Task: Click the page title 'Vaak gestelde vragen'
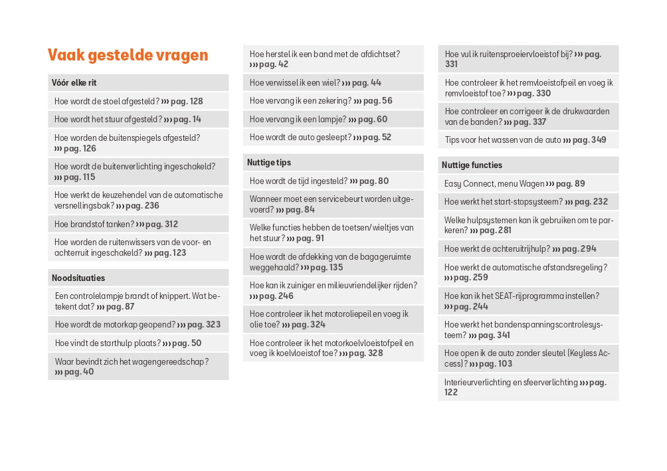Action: (128, 55)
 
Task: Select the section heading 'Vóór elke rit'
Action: (74, 83)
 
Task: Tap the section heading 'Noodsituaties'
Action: (78, 278)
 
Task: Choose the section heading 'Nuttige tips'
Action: (269, 162)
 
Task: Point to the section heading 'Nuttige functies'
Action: (473, 165)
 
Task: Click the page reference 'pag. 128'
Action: (187, 102)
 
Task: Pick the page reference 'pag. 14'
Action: (187, 120)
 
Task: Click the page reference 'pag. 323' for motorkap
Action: (204, 325)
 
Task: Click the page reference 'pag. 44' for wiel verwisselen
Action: (367, 83)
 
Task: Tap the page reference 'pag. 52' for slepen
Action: (377, 138)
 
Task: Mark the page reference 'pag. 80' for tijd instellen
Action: (374, 181)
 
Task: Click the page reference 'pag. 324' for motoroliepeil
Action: (309, 325)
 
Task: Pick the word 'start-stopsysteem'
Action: (528, 202)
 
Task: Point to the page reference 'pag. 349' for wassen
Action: (589, 140)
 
